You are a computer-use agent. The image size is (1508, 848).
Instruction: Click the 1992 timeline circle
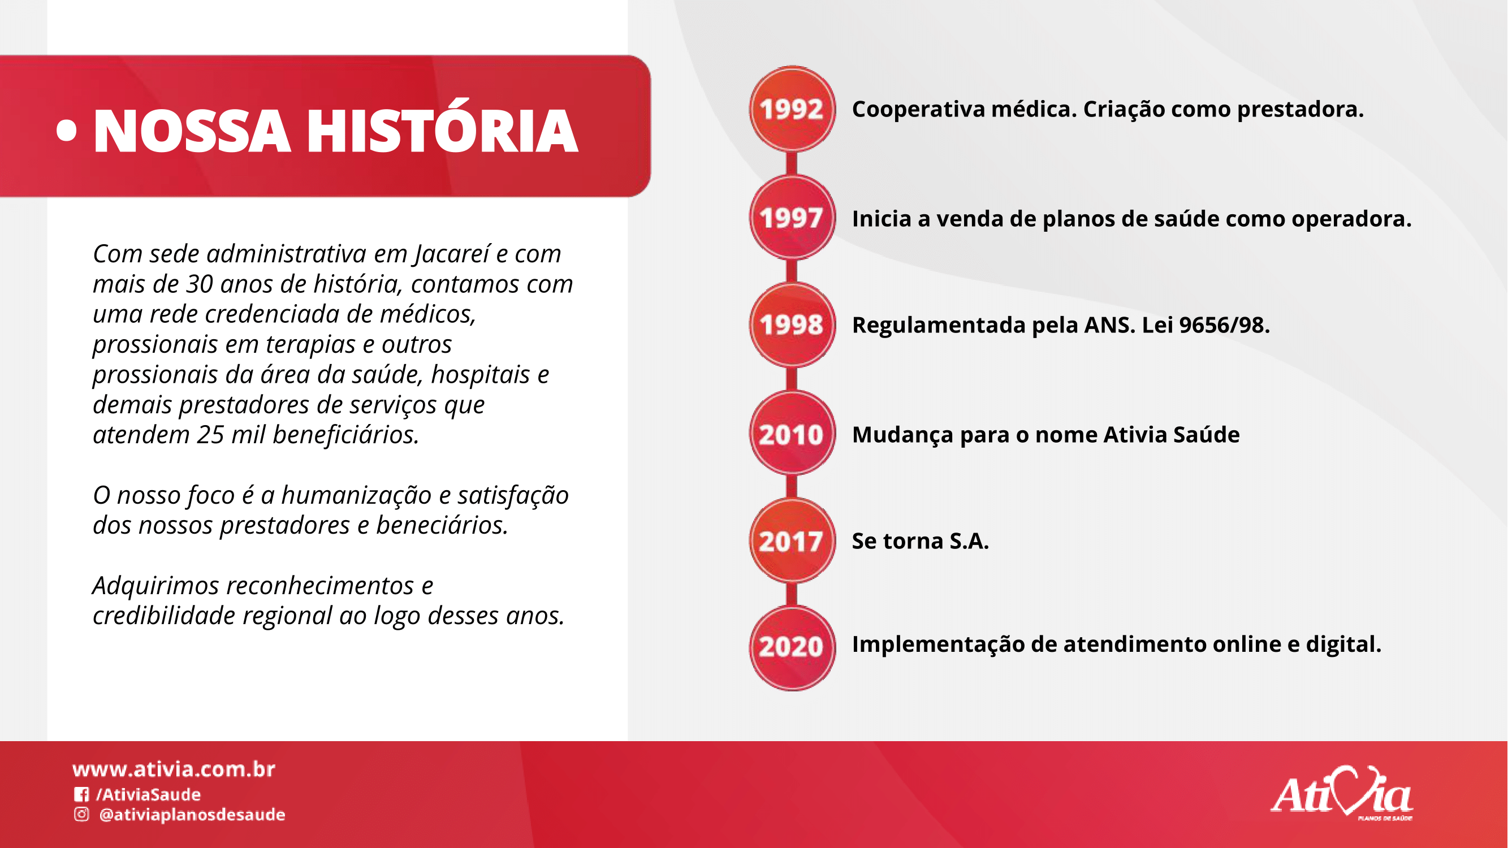pyautogui.click(x=792, y=109)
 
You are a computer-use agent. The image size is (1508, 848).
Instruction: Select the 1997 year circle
pyautogui.click(x=792, y=217)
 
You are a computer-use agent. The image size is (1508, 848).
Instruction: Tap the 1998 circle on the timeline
pyautogui.click(x=792, y=325)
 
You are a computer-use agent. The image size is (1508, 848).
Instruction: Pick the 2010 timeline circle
pyautogui.click(x=792, y=433)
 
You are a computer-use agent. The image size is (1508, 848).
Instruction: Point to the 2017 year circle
pyautogui.click(x=792, y=541)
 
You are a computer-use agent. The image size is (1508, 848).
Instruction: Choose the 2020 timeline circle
pyautogui.click(x=792, y=648)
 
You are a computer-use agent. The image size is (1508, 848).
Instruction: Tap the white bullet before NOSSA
pyautogui.click(x=67, y=131)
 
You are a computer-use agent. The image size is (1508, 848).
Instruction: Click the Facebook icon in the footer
pyautogui.click(x=81, y=794)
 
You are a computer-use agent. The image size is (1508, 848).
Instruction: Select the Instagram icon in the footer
pyautogui.click(x=81, y=814)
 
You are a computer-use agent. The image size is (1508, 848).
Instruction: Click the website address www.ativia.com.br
pyautogui.click(x=174, y=769)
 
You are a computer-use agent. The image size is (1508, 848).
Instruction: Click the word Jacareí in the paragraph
pyautogui.click(x=451, y=254)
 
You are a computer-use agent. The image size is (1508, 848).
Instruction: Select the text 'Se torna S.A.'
pyautogui.click(x=921, y=541)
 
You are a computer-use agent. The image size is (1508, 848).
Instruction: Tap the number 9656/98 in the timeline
pyautogui.click(x=1224, y=325)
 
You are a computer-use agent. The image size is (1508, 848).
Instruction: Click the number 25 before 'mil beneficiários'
pyautogui.click(x=210, y=435)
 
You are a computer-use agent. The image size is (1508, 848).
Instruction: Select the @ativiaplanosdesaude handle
pyautogui.click(x=192, y=815)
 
